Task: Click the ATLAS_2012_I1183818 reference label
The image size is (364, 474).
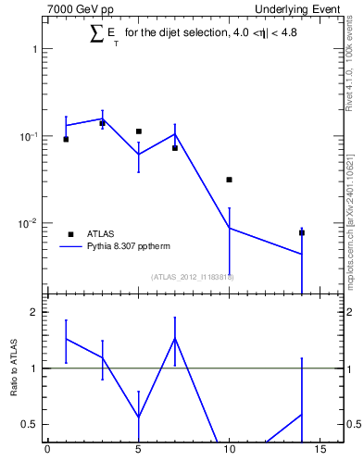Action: coord(192,277)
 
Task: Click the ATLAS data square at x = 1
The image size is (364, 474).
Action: coord(66,139)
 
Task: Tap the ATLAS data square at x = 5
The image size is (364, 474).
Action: coord(139,131)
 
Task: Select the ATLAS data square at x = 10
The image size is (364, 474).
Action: coord(229,180)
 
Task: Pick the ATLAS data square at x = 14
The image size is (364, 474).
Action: coord(302,233)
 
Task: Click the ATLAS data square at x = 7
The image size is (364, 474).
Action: coord(175,148)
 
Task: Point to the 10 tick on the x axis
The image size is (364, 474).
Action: coord(229,452)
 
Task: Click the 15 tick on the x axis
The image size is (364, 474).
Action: coord(320,452)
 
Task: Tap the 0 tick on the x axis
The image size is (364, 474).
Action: coord(47,452)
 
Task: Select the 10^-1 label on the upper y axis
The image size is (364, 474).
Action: coord(28,136)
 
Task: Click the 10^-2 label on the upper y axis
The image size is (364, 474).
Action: coord(28,223)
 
